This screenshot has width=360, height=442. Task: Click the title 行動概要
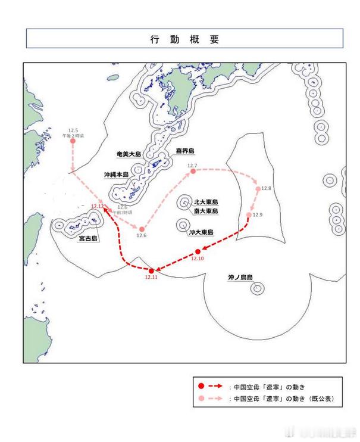[x=184, y=39]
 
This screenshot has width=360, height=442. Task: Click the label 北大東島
[x=206, y=202]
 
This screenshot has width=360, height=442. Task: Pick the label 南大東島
[x=206, y=211]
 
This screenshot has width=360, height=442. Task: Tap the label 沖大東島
[x=201, y=232]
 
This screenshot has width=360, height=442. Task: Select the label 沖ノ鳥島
[x=240, y=278]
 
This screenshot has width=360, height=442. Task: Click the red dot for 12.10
[x=198, y=251]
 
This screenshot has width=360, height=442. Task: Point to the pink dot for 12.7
[x=193, y=172]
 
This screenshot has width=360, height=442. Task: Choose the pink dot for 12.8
[x=258, y=189]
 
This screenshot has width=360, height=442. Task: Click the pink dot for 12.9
[x=249, y=215]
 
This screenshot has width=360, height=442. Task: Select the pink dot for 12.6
[x=142, y=229]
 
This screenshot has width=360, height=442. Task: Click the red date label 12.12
[x=98, y=206]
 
